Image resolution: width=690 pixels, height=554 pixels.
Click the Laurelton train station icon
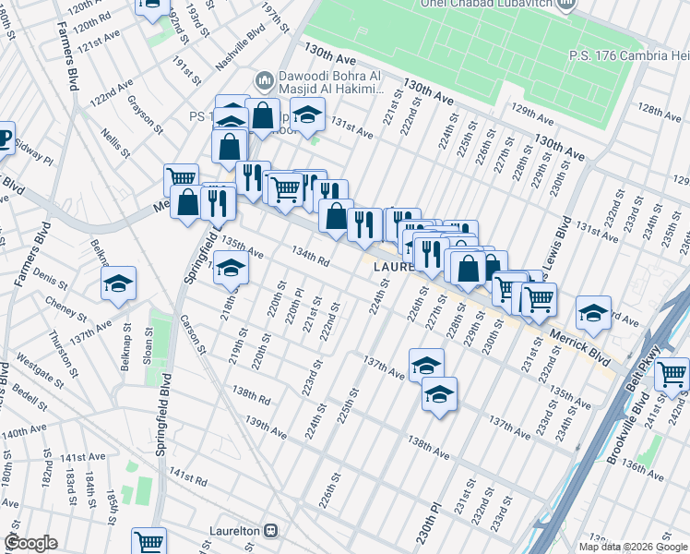[271, 531]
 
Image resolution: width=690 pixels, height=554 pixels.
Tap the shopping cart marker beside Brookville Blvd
[673, 374]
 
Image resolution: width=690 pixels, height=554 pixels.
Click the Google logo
[30, 543]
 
